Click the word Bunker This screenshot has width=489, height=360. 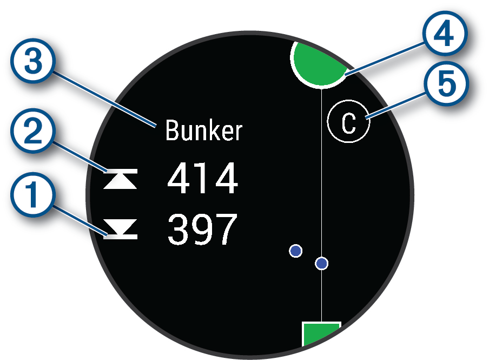tap(204, 131)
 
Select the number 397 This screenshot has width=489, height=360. tap(202, 229)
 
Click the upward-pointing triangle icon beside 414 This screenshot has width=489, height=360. tap(121, 180)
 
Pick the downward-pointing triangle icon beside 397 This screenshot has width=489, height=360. tap(121, 230)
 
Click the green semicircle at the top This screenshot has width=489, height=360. tap(320, 62)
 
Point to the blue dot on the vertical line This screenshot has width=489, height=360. tap(322, 264)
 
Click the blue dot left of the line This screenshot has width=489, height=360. tap(295, 251)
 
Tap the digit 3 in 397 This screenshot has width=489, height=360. tap(179, 229)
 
